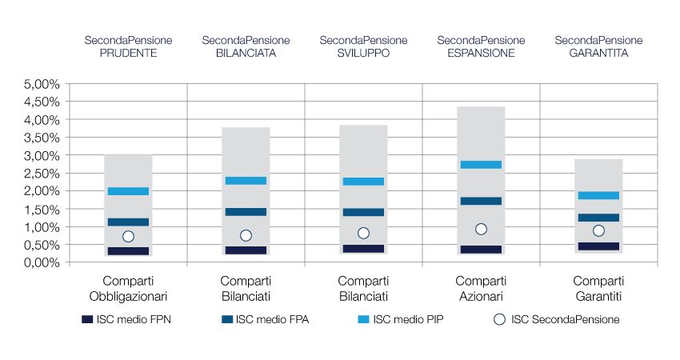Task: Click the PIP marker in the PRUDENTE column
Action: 128,191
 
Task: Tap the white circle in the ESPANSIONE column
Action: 481,229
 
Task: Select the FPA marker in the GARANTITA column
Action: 598,218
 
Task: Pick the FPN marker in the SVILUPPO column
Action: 363,249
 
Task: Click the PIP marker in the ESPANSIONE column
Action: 481,165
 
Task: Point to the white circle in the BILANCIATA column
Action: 246,235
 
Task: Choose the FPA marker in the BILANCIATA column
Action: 246,212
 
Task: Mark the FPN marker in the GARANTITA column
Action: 598,246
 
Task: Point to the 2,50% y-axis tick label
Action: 42,174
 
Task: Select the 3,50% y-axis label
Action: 42,138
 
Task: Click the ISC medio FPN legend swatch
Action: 87,320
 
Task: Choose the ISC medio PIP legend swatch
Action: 363,320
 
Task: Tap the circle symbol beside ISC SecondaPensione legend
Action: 499,320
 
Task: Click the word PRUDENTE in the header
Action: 128,53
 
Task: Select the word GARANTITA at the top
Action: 598,53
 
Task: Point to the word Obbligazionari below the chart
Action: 128,297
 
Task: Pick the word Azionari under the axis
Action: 481,297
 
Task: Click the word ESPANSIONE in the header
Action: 481,53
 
